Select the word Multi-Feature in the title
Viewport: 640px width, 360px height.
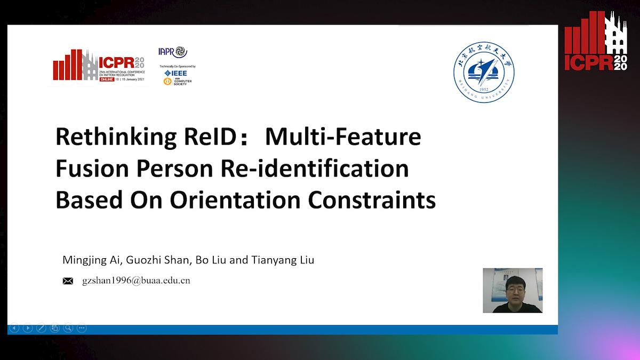coord(343,137)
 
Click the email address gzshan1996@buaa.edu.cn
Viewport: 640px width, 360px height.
coord(136,280)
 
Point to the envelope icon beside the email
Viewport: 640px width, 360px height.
coord(68,281)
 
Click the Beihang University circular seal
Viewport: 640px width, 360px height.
coord(484,73)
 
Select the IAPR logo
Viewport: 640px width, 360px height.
coord(173,52)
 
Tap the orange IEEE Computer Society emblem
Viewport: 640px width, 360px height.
coord(167,81)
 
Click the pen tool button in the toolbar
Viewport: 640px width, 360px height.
coord(41,328)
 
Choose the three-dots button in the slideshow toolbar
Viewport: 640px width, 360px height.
coord(81,328)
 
